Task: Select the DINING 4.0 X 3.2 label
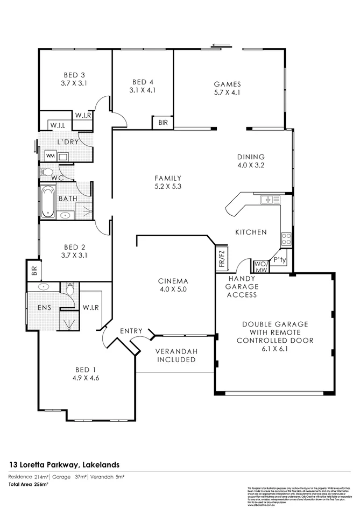[251, 161]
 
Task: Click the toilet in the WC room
[47, 172]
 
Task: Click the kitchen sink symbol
[270, 200]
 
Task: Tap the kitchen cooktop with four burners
[286, 238]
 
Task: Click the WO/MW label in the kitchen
[260, 266]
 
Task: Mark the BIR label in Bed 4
[163, 123]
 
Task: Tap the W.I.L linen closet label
[58, 125]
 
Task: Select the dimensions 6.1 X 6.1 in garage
[274, 349]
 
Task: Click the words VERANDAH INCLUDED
[176, 355]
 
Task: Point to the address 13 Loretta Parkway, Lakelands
[64, 464]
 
